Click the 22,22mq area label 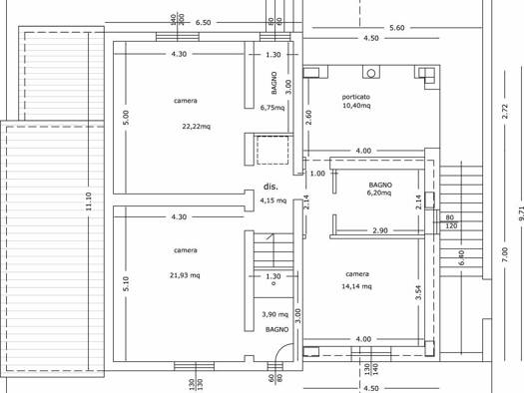coord(197,127)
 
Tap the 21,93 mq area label coord(185,275)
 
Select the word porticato coord(356,97)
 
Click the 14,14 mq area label coord(356,286)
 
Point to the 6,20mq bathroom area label coord(379,193)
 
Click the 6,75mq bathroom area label coord(272,108)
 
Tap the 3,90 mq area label coord(274,314)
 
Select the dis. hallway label coord(270,187)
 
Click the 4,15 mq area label coord(273,200)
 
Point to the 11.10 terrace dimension coord(89,201)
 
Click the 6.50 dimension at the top coord(203,23)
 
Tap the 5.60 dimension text coord(397,28)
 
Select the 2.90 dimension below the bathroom coord(380,230)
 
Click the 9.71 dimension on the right coord(521,213)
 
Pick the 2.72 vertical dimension coord(505,111)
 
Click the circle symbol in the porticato coord(371,73)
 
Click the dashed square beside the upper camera coord(272,150)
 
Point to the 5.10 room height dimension coord(126,283)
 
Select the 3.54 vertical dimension coord(419,292)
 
